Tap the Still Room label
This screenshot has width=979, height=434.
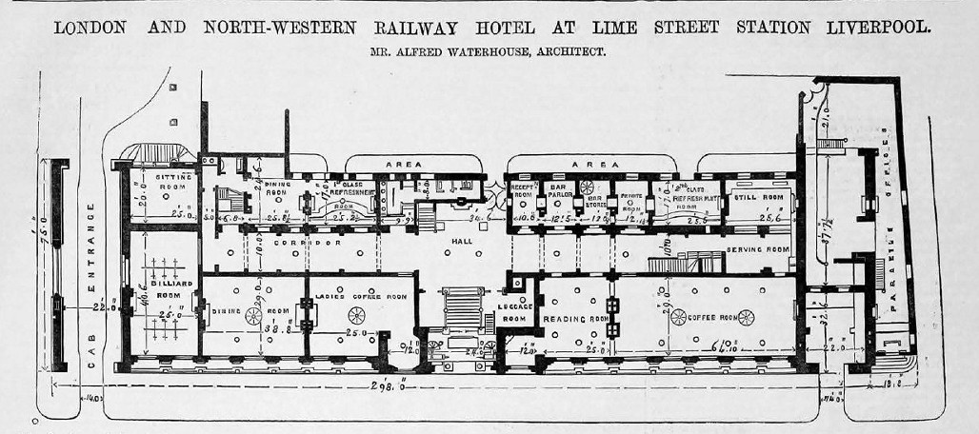(759, 197)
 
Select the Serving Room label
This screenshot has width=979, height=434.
(759, 249)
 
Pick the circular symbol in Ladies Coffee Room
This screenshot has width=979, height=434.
(356, 315)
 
